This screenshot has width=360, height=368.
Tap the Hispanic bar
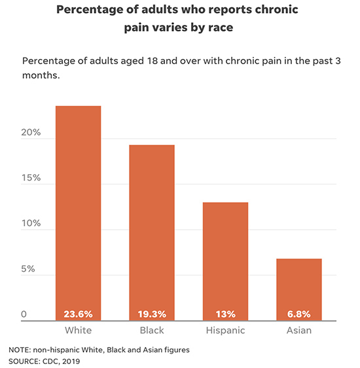click(x=225, y=255)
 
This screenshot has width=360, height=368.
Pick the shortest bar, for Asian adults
click(x=298, y=282)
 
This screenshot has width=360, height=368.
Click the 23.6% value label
click(x=78, y=314)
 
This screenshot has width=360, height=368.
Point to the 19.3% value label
click(x=151, y=314)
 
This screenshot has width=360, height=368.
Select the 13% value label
click(x=225, y=314)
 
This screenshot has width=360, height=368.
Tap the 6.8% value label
click(x=298, y=314)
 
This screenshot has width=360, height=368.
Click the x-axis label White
click(x=78, y=331)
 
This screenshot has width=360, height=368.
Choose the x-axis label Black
click(x=151, y=331)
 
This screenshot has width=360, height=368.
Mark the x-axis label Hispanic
click(x=225, y=331)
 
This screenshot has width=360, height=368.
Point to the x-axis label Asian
click(x=298, y=331)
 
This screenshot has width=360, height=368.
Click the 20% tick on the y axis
click(x=31, y=133)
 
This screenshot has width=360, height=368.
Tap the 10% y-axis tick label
click(x=31, y=223)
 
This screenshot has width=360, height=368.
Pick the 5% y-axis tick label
click(x=28, y=269)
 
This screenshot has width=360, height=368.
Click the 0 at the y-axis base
click(x=24, y=315)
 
